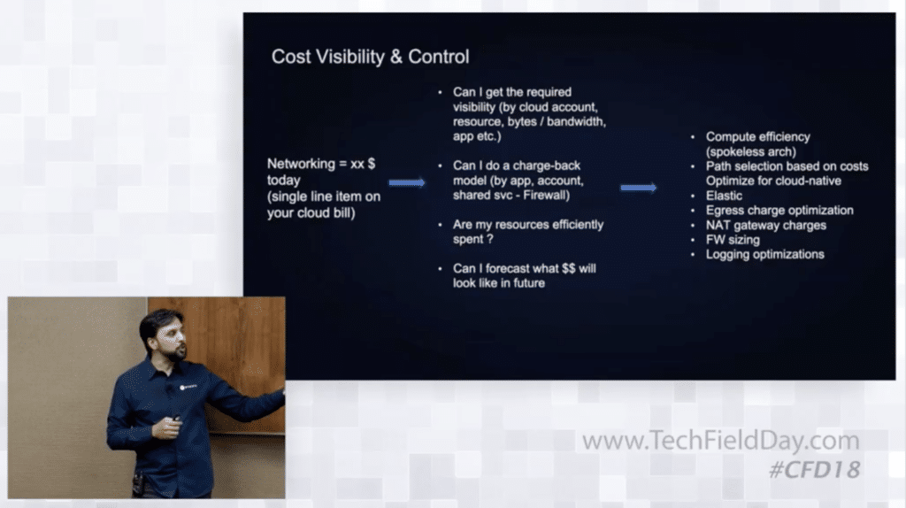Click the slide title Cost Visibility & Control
[x=371, y=57]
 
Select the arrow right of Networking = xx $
[x=407, y=182]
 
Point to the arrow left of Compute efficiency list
[x=639, y=188]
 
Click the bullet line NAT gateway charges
[x=765, y=226]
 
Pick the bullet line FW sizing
[x=733, y=240]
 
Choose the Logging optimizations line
[x=765, y=254]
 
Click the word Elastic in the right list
[x=724, y=196]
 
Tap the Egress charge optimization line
[x=779, y=211]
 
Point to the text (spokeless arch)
[x=750, y=152]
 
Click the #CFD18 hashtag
[x=815, y=470]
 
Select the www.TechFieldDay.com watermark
[x=720, y=441]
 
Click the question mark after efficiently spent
[x=489, y=239]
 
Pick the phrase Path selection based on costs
[x=787, y=166]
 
